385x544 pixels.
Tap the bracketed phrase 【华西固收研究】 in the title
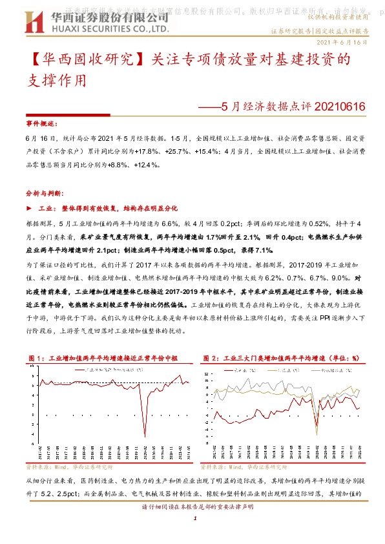pos(85,61)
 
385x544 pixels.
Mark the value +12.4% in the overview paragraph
pos(146,165)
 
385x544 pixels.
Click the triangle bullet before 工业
pos(28,209)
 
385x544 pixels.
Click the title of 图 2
pos(281,357)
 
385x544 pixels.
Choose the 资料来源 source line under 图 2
pos(242,466)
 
